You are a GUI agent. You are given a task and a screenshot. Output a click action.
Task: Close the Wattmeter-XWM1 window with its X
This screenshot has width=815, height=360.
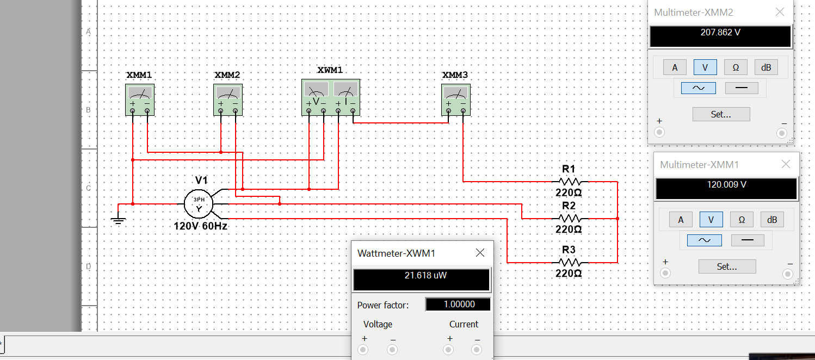[480, 253]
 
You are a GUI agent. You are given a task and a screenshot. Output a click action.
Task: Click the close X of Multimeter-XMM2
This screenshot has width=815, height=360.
[780, 12]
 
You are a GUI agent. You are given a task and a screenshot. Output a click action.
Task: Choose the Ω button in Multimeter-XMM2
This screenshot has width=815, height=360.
[736, 67]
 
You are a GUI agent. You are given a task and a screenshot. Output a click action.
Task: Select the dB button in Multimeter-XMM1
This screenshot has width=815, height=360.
[771, 220]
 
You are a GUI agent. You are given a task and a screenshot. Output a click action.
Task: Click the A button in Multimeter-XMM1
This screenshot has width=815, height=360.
[681, 220]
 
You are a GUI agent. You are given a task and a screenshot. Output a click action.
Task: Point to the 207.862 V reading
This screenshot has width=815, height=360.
[720, 33]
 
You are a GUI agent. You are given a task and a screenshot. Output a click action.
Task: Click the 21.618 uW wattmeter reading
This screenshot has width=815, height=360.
[422, 276]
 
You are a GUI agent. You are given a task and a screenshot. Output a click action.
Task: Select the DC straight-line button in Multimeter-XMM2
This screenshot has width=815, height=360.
[741, 88]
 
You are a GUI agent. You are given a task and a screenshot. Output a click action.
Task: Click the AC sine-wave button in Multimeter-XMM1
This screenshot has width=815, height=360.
[704, 240]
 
